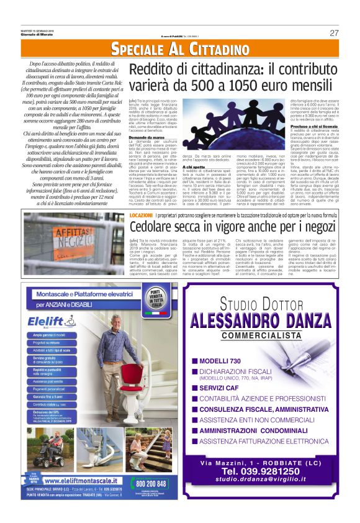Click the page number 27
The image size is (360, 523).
(x=334, y=33)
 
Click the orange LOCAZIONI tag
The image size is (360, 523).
(x=142, y=214)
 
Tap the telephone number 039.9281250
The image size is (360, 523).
(x=266, y=488)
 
